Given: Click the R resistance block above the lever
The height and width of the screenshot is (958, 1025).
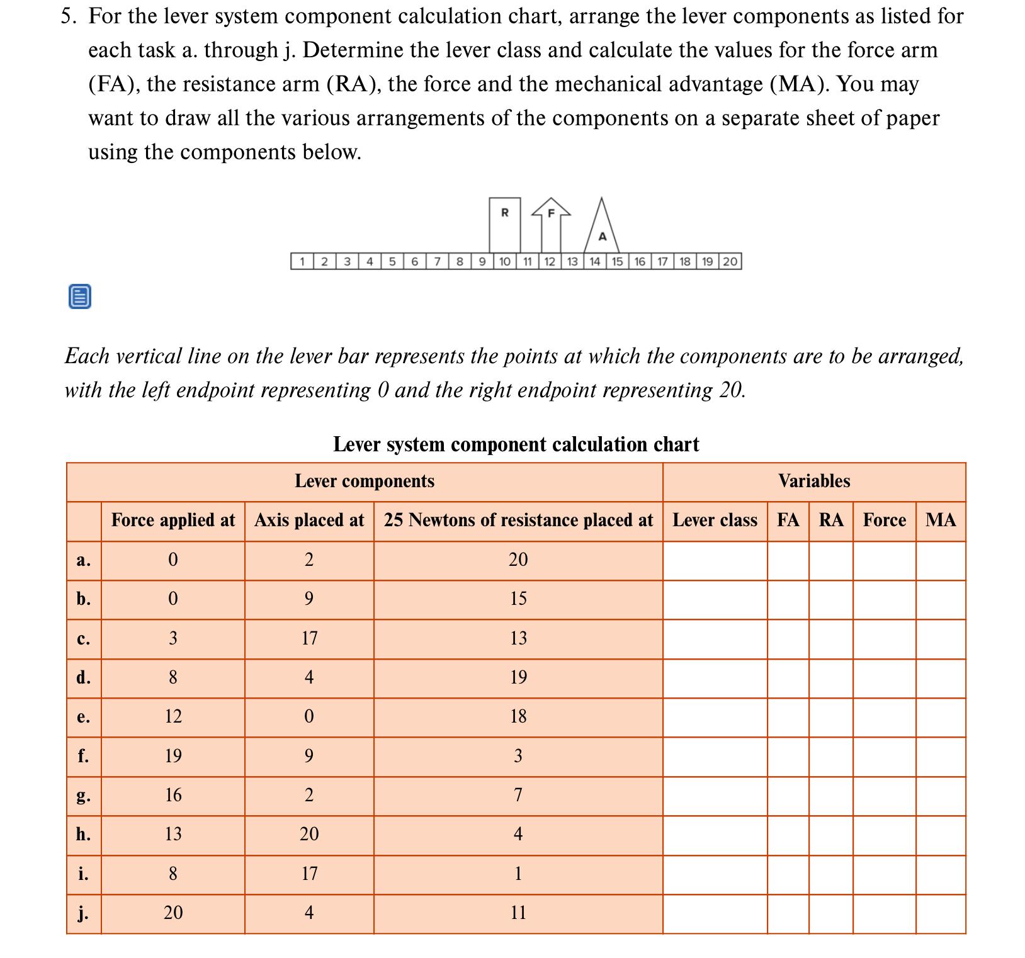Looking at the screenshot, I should (505, 224).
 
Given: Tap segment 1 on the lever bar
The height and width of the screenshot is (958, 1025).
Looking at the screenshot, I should (303, 261).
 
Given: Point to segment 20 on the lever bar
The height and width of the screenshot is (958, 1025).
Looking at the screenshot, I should (730, 261).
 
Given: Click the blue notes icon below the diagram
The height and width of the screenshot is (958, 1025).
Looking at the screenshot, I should (79, 296).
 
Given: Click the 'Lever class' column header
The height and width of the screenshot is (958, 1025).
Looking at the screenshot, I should (715, 520).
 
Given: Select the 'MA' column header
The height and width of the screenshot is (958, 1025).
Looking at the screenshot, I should (941, 520).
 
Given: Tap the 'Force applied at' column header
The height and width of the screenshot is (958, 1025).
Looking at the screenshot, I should (173, 520).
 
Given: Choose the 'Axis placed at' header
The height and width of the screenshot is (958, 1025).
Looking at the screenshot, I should (309, 520).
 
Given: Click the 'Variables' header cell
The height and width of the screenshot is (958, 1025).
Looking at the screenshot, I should (814, 482).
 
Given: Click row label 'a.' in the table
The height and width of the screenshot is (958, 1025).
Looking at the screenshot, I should (83, 560).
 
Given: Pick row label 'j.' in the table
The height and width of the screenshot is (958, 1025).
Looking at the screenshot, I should (83, 913).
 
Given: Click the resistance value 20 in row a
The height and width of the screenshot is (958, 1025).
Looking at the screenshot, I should (518, 560).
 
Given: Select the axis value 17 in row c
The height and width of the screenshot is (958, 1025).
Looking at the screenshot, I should (309, 638).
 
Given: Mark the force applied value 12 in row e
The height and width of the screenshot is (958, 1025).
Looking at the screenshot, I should (173, 716).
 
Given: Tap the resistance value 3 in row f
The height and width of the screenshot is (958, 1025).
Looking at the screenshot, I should (518, 756).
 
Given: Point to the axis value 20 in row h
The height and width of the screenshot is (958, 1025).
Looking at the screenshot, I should (309, 834).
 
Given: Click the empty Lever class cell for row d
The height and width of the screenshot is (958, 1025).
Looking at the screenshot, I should (715, 678).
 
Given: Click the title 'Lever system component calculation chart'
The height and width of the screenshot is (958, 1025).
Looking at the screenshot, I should (516, 444).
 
